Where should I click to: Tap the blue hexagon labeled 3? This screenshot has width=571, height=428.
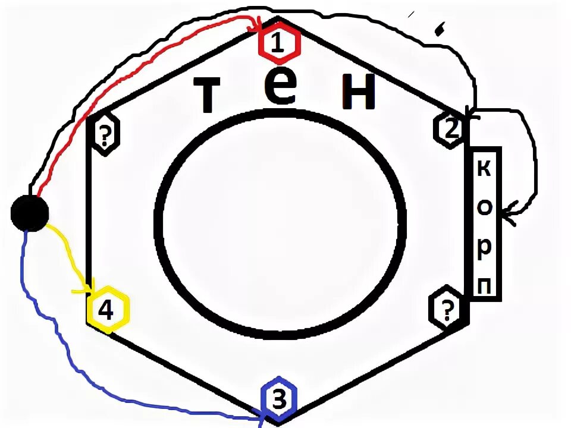(x=278, y=399)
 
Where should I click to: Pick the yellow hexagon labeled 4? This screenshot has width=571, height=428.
(x=107, y=309)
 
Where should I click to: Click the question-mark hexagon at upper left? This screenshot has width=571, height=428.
(x=105, y=135)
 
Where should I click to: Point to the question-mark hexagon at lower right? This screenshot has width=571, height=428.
(x=445, y=309)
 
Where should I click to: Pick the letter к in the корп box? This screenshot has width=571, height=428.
(x=484, y=169)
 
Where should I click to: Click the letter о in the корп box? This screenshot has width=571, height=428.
(x=484, y=206)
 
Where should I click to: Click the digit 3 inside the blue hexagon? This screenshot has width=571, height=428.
(x=278, y=399)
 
